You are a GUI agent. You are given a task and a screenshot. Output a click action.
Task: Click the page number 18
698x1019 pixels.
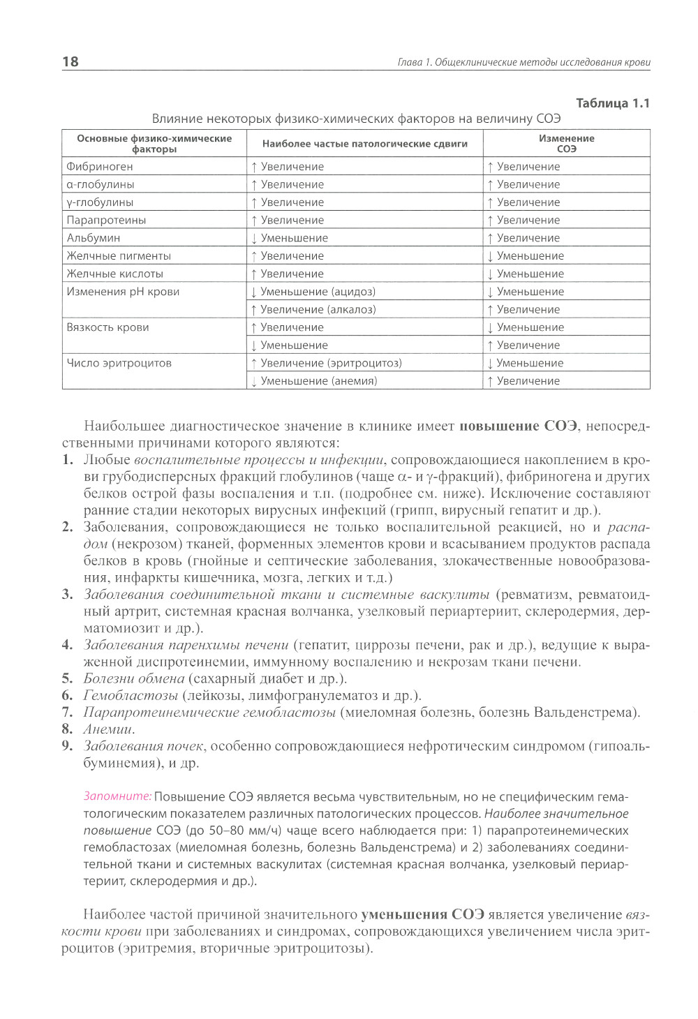70,61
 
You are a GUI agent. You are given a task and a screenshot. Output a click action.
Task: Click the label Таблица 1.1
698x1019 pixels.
612,103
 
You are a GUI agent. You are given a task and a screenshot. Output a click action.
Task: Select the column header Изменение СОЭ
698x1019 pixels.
566,143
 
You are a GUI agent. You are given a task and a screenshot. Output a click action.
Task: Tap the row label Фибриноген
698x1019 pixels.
100,167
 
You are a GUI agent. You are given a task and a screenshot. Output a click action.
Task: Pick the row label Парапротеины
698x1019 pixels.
106,221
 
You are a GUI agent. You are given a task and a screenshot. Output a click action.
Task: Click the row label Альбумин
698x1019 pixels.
94,238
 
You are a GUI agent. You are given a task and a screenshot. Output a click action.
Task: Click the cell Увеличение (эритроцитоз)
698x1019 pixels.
326,363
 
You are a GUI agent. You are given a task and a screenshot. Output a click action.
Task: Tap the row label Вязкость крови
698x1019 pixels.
107,327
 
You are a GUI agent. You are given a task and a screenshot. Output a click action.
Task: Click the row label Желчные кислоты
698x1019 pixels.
114,274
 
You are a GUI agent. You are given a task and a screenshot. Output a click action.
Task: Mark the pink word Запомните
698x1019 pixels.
117,796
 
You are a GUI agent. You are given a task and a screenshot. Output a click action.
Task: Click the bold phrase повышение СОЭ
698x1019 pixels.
519,426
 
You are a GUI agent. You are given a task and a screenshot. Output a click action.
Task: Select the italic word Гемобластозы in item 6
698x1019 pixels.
130,695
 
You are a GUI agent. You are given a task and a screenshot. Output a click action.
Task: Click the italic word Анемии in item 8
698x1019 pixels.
108,729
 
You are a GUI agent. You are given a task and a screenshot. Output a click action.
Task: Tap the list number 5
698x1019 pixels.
67,678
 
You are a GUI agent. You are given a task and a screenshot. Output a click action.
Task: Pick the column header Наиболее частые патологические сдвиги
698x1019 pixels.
364,144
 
